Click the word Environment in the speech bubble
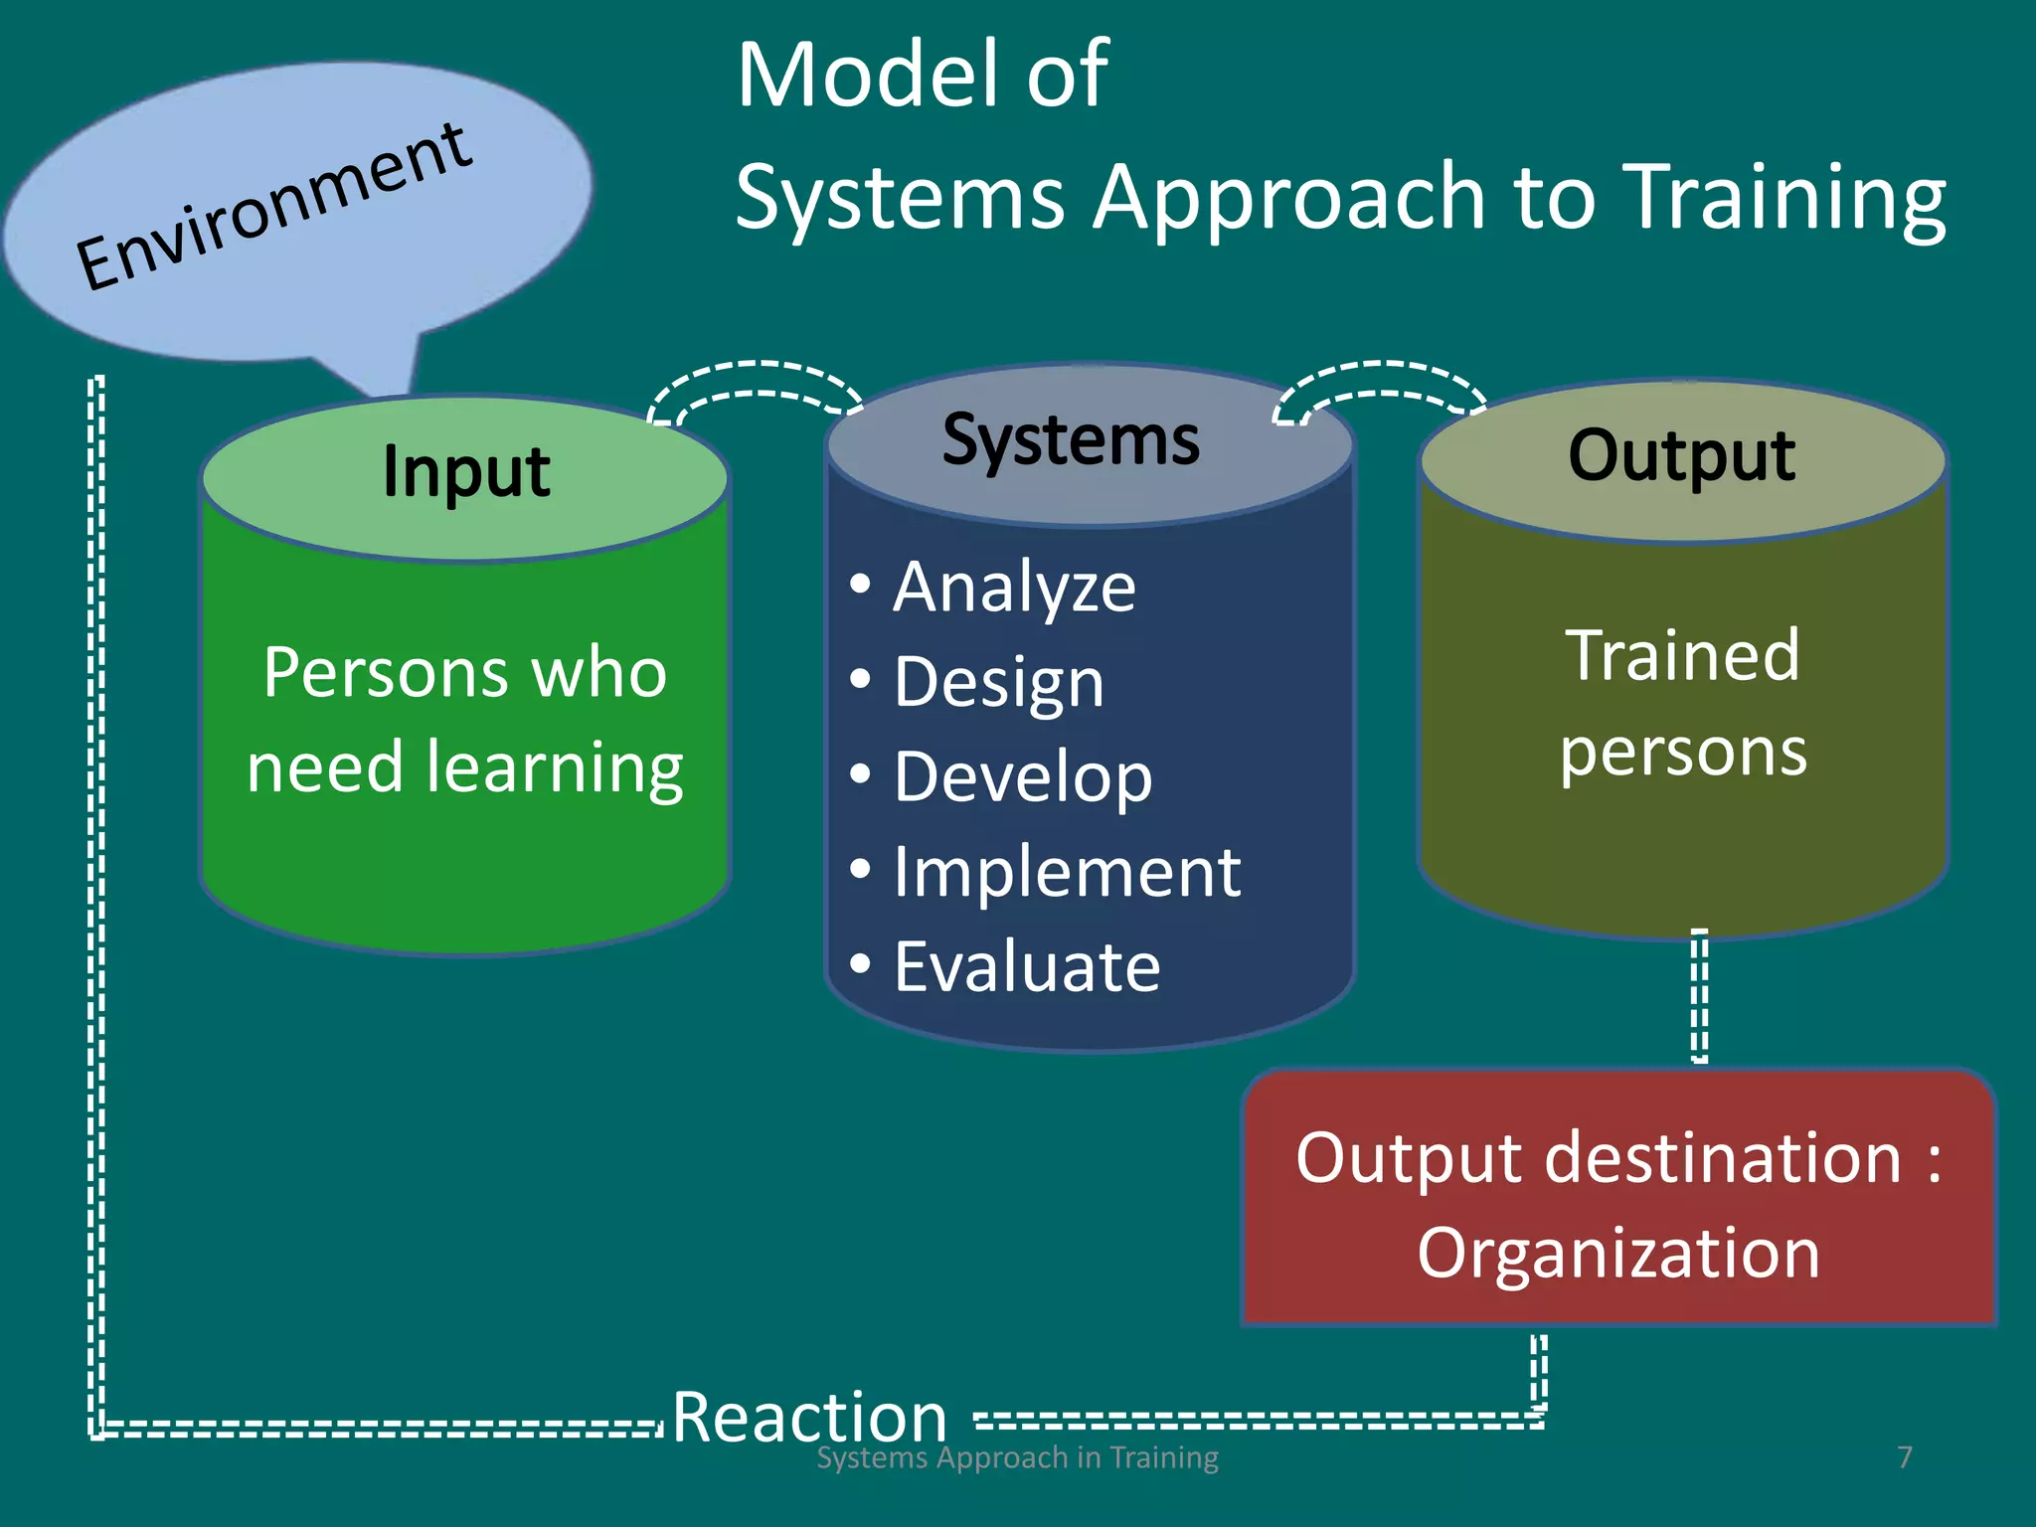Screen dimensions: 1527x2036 tap(273, 207)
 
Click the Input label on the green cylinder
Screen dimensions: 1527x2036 tap(465, 471)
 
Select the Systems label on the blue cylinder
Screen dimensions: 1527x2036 tap(1071, 439)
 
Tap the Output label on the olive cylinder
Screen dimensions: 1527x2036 tap(1681, 455)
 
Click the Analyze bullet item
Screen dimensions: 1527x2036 tap(1013, 587)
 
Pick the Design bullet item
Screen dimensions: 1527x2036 tap(998, 682)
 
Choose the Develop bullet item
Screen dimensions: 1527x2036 tap(1022, 776)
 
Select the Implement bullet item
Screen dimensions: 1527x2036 tap(1066, 872)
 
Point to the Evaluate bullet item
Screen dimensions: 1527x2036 tap(1026, 966)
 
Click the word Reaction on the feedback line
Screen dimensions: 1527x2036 tap(809, 1416)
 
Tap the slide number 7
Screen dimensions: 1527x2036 tap(1904, 1457)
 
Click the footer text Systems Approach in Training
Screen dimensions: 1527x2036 tap(1017, 1458)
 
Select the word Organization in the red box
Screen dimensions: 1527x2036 tap(1618, 1253)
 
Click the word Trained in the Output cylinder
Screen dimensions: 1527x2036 tap(1682, 656)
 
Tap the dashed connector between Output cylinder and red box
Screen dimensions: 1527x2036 tap(1700, 996)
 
